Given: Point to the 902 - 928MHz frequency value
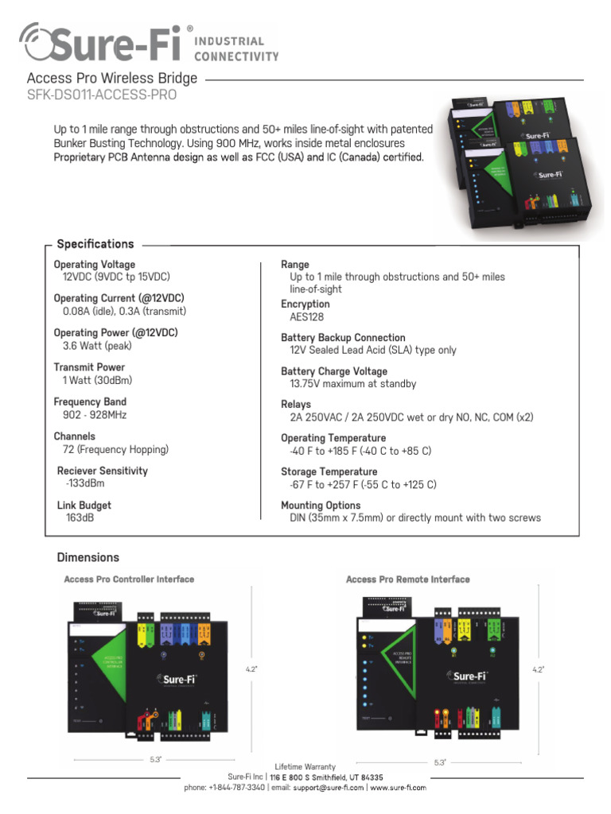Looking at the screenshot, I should click(95, 415).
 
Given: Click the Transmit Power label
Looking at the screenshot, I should click(89, 367).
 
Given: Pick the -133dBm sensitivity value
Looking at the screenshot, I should click(85, 483).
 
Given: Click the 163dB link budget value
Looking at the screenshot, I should click(80, 517).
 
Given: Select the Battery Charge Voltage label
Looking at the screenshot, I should click(334, 371).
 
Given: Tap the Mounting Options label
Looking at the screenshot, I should click(321, 506).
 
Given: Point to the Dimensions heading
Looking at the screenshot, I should click(88, 557).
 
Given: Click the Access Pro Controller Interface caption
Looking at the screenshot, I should click(129, 579).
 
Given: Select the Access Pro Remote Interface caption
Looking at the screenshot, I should click(407, 579).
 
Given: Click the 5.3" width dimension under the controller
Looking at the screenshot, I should click(155, 760).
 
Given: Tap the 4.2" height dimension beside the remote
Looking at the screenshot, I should click(538, 670).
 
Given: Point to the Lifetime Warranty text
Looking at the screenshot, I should click(305, 766).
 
